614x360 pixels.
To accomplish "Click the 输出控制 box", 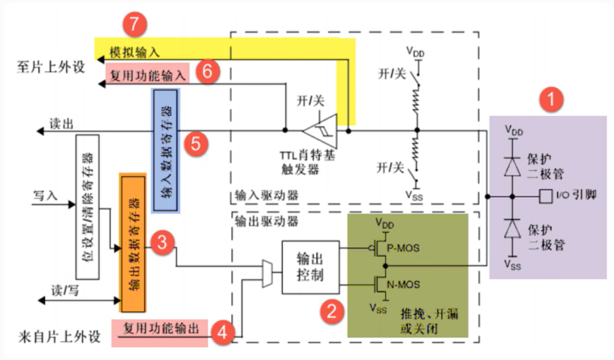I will click(310, 267).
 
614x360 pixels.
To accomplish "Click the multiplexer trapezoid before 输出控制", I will click(267, 273).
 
